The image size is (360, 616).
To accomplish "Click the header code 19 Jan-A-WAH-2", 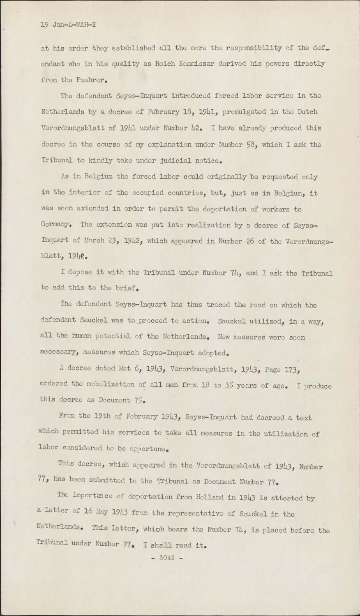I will (68, 25).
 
